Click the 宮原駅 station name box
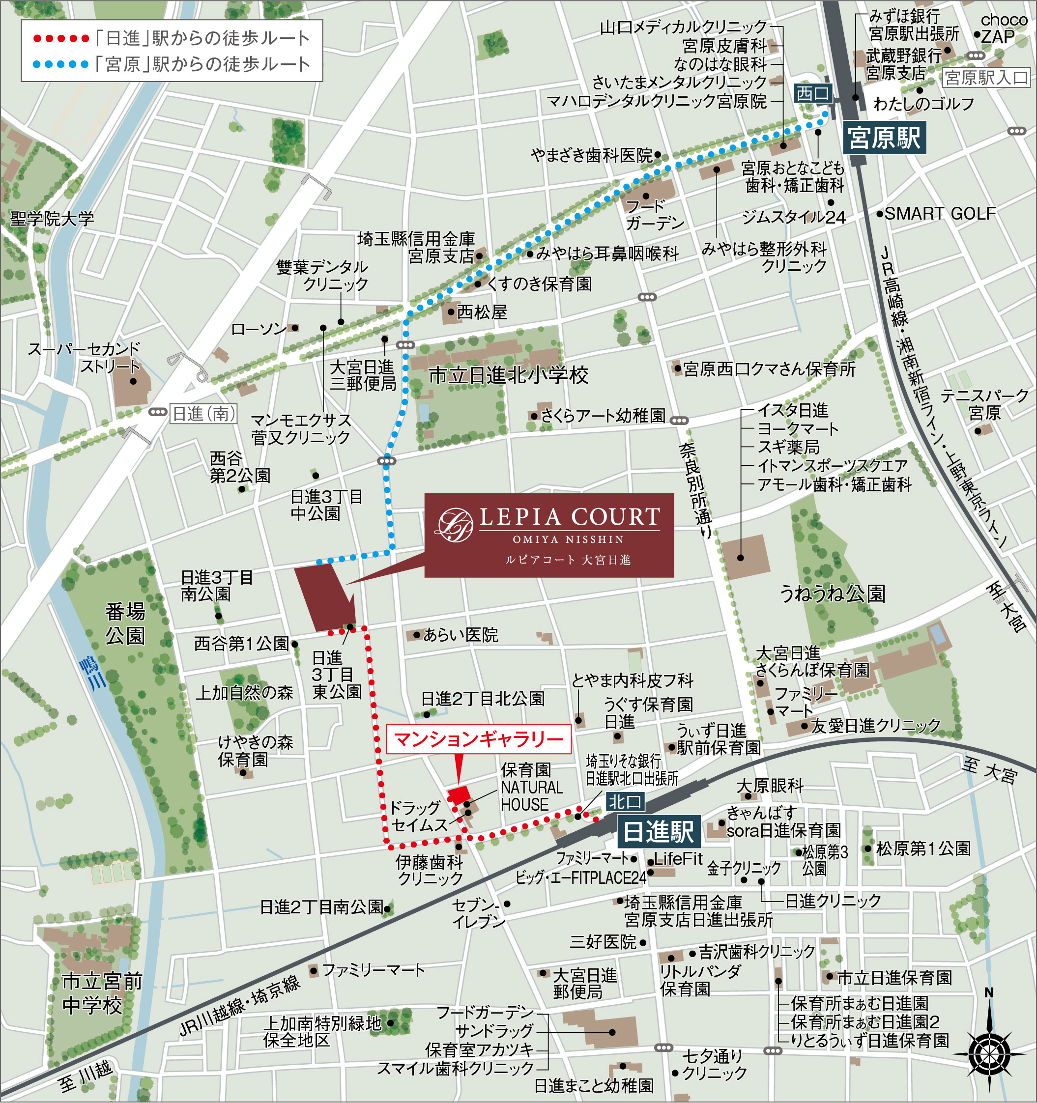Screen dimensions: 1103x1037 (884, 138)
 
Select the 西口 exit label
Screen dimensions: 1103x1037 (812, 93)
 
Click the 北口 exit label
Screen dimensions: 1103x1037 (625, 801)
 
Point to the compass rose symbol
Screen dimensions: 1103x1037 (989, 1052)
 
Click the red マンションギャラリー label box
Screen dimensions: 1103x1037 (479, 739)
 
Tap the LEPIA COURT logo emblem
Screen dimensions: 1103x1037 (455, 525)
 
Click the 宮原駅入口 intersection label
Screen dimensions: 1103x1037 (986, 78)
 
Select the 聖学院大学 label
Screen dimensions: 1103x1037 (52, 219)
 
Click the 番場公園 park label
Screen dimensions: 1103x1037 (125, 623)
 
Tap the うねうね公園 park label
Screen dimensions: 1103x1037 (832, 594)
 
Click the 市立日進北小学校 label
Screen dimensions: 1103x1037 (508, 376)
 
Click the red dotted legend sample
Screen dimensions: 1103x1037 (61, 39)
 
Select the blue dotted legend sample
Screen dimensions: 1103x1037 (61, 64)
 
